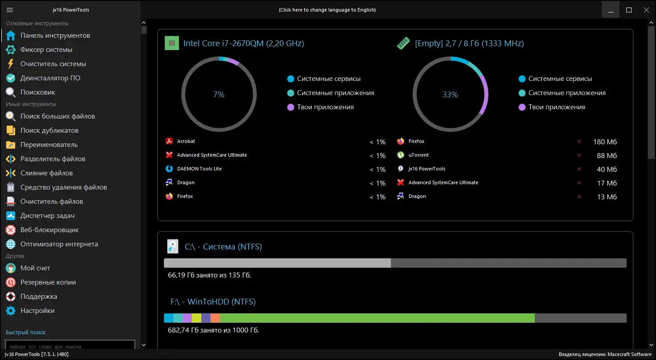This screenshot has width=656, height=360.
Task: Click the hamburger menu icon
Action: click(10, 10)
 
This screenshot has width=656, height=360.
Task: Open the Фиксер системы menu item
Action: click(46, 50)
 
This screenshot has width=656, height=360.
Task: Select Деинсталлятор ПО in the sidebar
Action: click(50, 78)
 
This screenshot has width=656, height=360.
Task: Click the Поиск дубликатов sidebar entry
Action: click(49, 131)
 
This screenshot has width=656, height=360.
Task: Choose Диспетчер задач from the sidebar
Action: click(47, 216)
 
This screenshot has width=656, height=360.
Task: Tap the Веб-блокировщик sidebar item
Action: click(49, 230)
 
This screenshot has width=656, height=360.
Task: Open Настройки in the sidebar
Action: click(37, 311)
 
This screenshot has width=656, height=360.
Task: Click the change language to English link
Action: click(327, 10)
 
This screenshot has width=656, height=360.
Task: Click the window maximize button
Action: click(629, 10)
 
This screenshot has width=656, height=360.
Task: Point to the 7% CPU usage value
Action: click(219, 95)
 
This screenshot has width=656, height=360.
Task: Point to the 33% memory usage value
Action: click(450, 95)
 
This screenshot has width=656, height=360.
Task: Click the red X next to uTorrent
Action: click(579, 155)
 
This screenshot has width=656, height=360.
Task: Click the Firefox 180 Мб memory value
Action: click(604, 142)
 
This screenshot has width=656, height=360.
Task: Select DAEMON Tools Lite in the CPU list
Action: click(199, 169)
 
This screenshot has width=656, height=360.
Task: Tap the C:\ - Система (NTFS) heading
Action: click(223, 247)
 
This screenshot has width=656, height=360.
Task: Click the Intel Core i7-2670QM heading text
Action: click(243, 44)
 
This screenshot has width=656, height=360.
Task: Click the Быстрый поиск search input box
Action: click(70, 346)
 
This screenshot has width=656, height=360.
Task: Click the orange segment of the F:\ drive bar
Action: click(215, 318)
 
